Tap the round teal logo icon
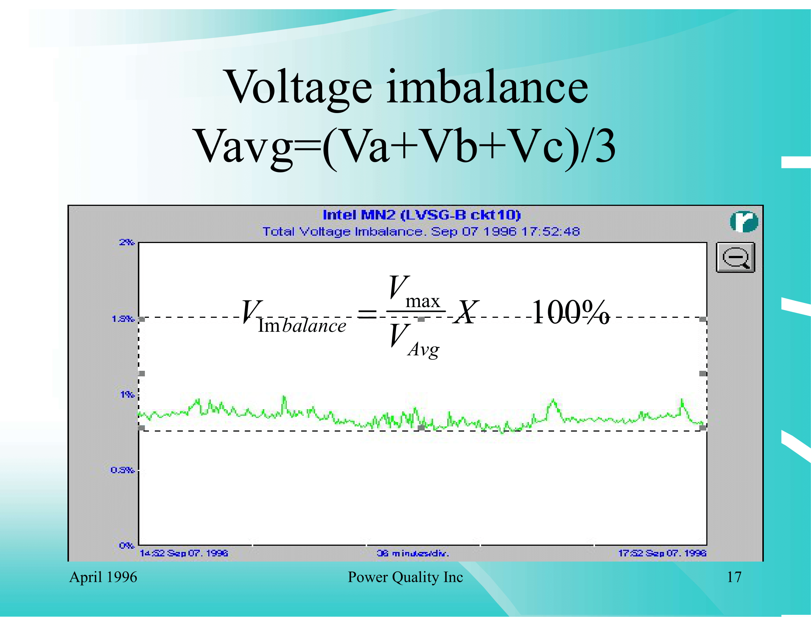[744, 221]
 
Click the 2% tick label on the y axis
[126, 242]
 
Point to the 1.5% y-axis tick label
[122, 319]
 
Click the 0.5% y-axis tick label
[122, 470]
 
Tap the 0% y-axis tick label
[126, 545]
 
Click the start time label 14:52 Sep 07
[184, 553]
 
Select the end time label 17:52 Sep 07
[662, 553]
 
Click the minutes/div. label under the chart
[413, 553]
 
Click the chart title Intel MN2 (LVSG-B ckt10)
[421, 215]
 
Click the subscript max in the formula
[422, 301]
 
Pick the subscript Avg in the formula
[423, 349]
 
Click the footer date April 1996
[103, 577]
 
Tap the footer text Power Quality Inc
[405, 577]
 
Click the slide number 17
[734, 577]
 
